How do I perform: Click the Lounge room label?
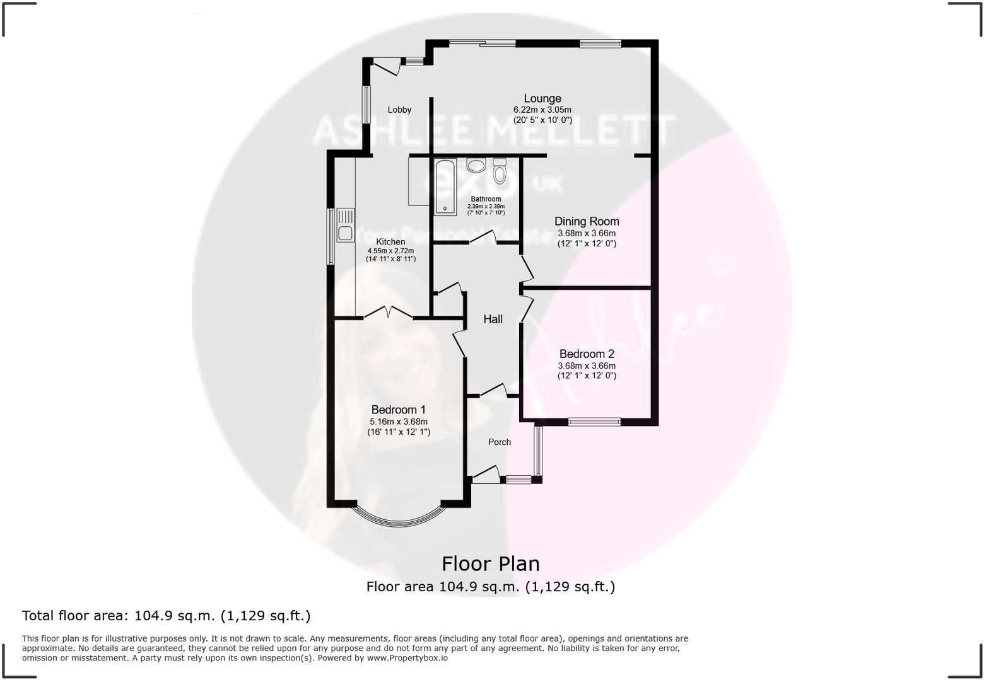542,98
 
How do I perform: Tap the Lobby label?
399,110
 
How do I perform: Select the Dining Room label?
587,221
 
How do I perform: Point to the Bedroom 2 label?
587,354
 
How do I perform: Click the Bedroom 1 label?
398,410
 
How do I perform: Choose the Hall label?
493,320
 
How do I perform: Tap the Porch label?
499,442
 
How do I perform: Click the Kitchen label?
390,242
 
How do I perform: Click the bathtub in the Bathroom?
445,187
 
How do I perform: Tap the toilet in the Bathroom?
500,171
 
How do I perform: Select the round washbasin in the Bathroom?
476,166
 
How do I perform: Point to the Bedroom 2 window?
594,422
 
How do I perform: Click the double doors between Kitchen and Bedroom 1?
389,313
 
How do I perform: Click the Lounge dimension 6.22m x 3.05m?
542,110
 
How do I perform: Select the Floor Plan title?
490,563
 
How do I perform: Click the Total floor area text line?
167,616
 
